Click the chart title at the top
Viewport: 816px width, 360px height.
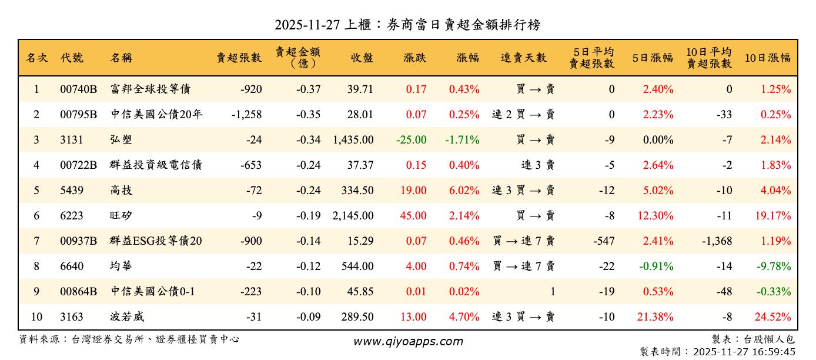pyautogui.click(x=407, y=25)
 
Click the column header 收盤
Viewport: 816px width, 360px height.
pyautogui.click(x=362, y=58)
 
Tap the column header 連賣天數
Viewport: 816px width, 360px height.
pyautogui.click(x=523, y=58)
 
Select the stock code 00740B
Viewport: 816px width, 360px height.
pyautogui.click(x=78, y=89)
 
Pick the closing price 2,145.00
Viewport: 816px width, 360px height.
pyautogui.click(x=353, y=216)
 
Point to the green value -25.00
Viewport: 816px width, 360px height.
pyautogui.click(x=412, y=140)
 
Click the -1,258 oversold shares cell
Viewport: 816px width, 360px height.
pyautogui.click(x=247, y=115)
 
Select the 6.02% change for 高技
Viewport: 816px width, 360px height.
pyautogui.click(x=464, y=191)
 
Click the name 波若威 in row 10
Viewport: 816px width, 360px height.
pyautogui.click(x=127, y=317)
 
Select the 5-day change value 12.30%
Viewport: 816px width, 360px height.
pyautogui.click(x=655, y=216)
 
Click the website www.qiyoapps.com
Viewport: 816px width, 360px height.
pyautogui.click(x=407, y=342)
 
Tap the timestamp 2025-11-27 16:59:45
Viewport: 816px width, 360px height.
pyautogui.click(x=744, y=352)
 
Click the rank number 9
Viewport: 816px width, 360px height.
pyautogui.click(x=36, y=292)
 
